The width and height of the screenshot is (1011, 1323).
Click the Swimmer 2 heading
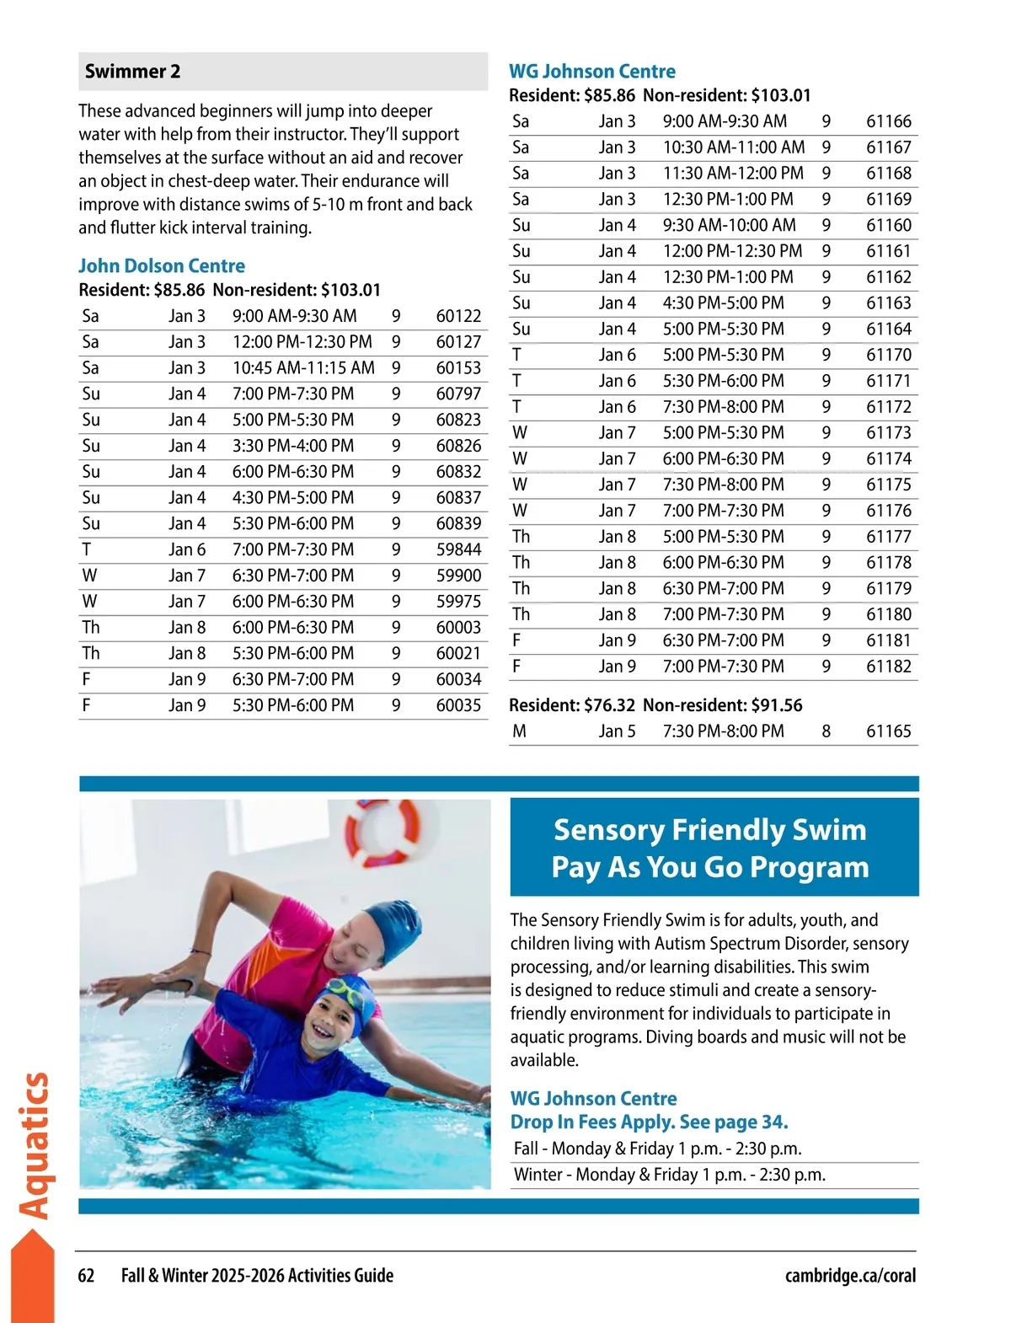tap(133, 72)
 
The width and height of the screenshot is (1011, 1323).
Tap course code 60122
tap(458, 316)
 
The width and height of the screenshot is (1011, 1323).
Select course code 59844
tap(458, 549)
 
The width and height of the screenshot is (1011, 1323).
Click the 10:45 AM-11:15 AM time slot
tap(303, 368)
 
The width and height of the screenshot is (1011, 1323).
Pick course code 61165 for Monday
tap(889, 731)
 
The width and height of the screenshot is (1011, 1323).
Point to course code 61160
tap(889, 225)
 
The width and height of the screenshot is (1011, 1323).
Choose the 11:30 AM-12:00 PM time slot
tap(733, 174)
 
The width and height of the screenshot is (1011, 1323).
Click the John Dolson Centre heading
tap(162, 266)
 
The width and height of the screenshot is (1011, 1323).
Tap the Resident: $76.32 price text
tap(572, 705)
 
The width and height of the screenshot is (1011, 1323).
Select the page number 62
tap(86, 1276)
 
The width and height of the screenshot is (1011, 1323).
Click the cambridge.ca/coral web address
tap(850, 1276)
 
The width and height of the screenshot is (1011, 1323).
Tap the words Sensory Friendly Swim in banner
tap(709, 830)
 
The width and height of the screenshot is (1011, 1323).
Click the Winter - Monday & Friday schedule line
tap(670, 1175)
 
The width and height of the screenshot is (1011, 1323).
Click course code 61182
tap(889, 667)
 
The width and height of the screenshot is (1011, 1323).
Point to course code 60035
tap(458, 705)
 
